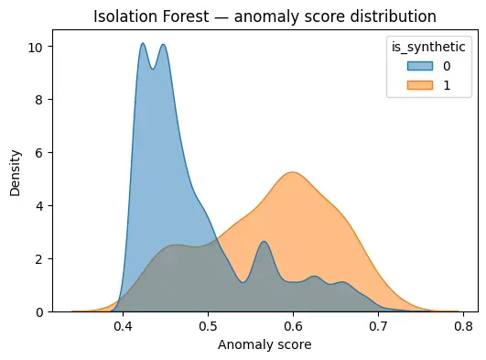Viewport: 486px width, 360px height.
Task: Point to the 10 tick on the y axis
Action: click(x=45, y=47)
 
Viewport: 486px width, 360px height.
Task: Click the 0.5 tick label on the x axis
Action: click(x=209, y=325)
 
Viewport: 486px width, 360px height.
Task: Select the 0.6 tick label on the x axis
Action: click(x=293, y=325)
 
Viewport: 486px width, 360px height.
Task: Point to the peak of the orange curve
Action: click(x=292, y=172)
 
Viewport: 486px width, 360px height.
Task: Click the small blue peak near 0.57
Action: click(x=264, y=242)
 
